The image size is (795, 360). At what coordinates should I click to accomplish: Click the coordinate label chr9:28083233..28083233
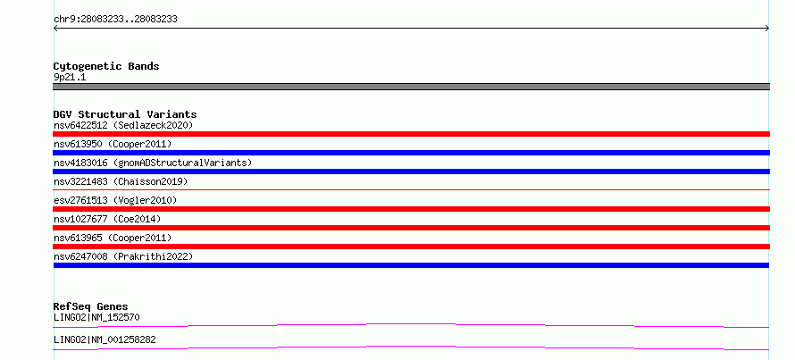[x=115, y=20]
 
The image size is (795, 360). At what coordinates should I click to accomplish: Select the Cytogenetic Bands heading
[x=106, y=66]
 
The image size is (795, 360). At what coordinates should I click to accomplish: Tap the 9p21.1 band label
[x=70, y=77]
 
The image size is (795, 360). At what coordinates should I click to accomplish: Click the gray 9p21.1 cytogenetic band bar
[x=411, y=87]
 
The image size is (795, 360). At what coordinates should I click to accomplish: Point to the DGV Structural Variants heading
[x=125, y=114]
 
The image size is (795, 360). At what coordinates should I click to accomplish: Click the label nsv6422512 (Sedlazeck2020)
[x=123, y=125]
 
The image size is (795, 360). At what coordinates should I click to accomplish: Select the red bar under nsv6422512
[x=411, y=134]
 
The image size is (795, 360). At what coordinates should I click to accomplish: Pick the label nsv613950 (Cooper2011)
[x=113, y=144]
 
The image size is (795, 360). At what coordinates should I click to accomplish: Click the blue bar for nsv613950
[x=411, y=153]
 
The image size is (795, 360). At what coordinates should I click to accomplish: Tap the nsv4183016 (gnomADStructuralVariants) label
[x=153, y=163]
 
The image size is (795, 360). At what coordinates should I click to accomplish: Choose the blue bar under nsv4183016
[x=411, y=172]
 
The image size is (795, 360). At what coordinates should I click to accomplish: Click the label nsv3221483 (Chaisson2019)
[x=121, y=181]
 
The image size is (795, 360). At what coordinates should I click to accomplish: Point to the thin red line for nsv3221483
[x=411, y=189]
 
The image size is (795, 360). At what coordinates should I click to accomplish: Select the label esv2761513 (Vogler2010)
[x=115, y=200]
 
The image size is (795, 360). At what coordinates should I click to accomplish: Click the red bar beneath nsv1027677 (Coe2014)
[x=411, y=228]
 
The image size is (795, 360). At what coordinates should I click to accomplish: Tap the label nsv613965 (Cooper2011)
[x=113, y=238]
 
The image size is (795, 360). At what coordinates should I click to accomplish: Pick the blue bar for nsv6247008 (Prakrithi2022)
[x=411, y=265]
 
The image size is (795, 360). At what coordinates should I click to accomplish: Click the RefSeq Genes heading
[x=90, y=306]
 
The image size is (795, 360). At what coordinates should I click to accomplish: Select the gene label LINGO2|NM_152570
[x=96, y=317]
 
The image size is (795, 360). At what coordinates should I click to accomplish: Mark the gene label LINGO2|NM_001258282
[x=105, y=339]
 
